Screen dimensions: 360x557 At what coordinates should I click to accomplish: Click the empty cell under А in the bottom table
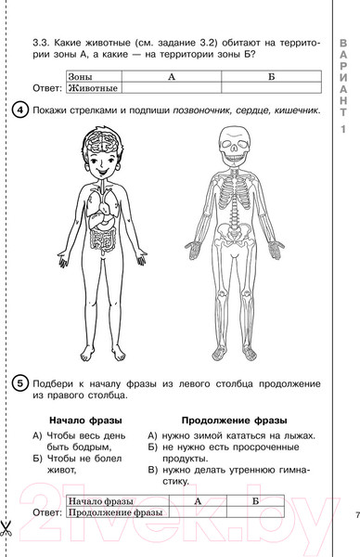tap(198, 512)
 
